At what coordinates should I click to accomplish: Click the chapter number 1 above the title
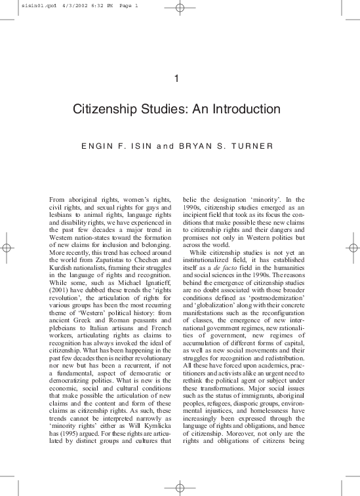pyautogui.click(x=178, y=80)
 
